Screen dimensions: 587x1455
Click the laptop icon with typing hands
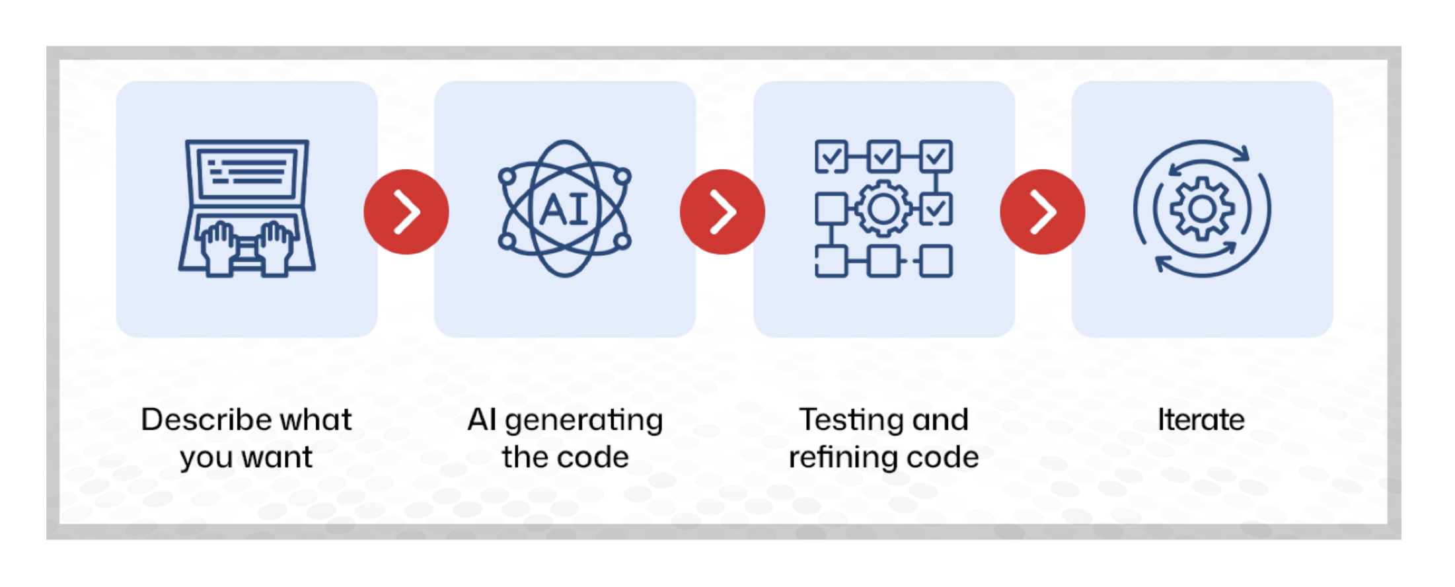coord(246,208)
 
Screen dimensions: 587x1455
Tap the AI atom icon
coord(564,208)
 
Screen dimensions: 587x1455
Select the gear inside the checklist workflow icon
coord(883,209)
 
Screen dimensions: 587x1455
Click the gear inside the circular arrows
coord(1202,209)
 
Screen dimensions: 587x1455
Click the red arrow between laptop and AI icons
coord(406,212)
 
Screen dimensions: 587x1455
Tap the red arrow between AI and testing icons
coord(722,212)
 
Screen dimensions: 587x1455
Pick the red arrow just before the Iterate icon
coord(1042,212)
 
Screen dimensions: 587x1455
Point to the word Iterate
coord(1201,420)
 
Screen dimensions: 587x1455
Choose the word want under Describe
coord(277,457)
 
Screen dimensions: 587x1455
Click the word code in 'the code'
coord(592,457)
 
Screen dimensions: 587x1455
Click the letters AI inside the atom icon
coord(564,210)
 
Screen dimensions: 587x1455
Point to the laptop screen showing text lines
coord(247,171)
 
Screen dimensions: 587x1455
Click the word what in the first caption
coord(316,420)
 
